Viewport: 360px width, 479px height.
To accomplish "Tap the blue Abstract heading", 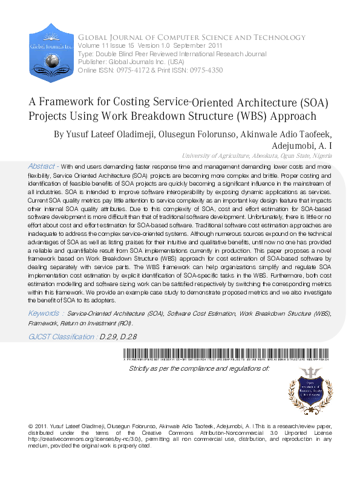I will (42, 166).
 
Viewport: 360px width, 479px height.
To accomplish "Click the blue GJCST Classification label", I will (62, 336).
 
